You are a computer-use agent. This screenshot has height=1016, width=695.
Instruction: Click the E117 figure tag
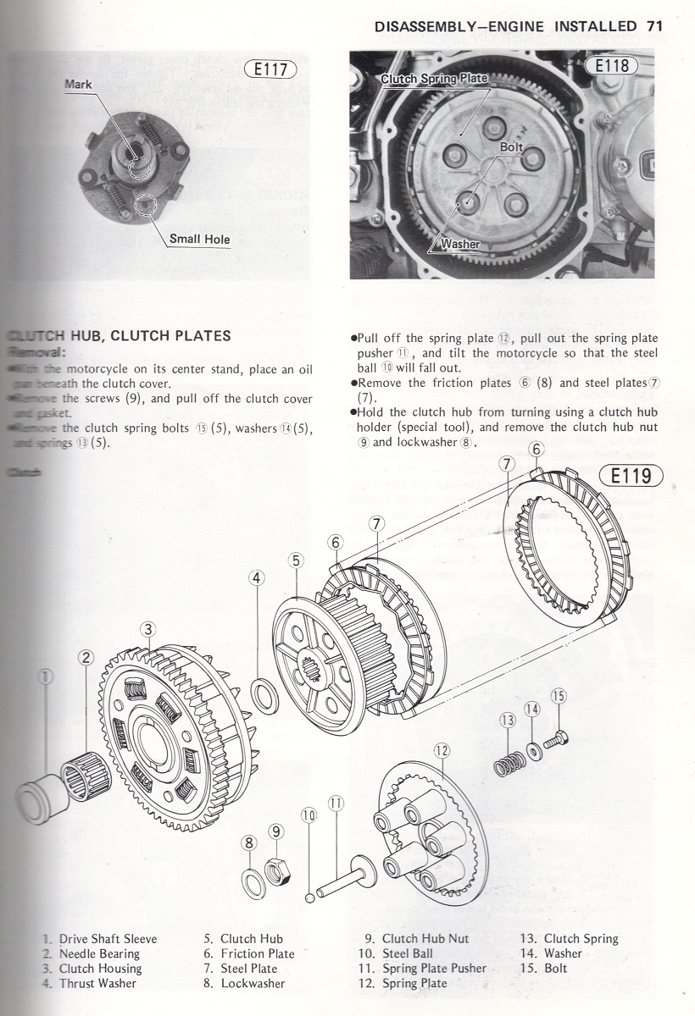pyautogui.click(x=271, y=70)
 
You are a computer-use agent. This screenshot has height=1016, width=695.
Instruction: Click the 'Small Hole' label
pyautogui.click(x=199, y=239)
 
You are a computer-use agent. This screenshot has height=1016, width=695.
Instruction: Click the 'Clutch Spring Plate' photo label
pyautogui.click(x=434, y=79)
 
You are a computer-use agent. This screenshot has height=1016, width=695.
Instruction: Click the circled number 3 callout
pyautogui.click(x=148, y=629)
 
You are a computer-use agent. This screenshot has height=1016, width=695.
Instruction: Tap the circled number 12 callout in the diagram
pyautogui.click(x=441, y=749)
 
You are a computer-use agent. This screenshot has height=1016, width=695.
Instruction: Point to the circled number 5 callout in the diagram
pyautogui.click(x=296, y=560)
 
